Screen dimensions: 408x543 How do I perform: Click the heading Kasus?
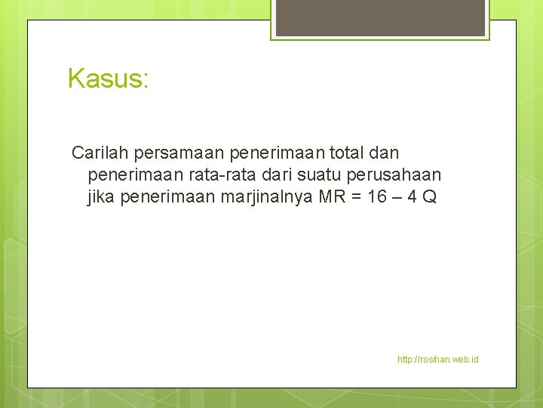pos(108,78)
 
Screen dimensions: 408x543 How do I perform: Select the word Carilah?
pos(100,153)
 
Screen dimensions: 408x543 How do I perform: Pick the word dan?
pos(385,153)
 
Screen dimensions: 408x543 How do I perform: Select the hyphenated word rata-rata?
pos(205,175)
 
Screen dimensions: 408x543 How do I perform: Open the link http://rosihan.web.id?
pos(437,360)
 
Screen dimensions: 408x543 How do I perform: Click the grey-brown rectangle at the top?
pos(380,17)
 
